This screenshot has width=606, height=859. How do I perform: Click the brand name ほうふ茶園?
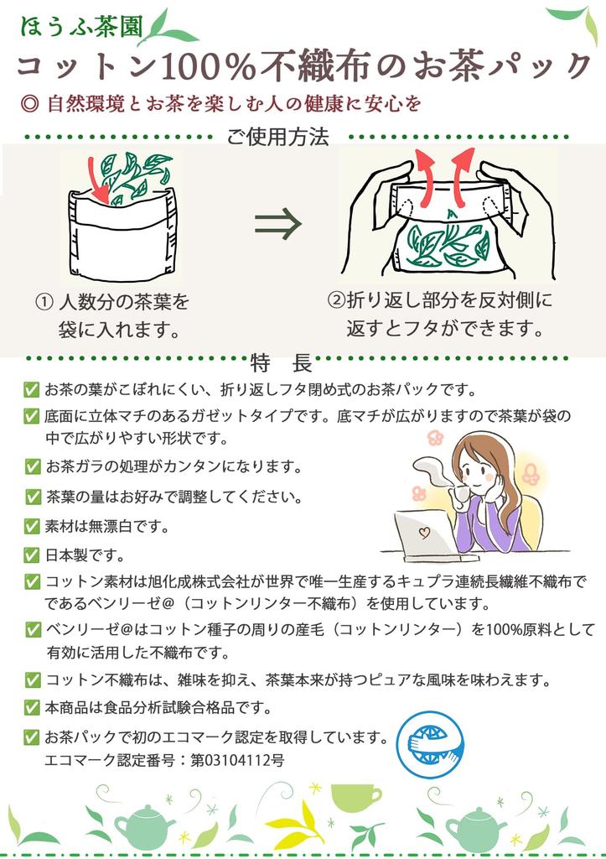(81, 26)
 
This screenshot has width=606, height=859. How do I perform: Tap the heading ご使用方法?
(277, 136)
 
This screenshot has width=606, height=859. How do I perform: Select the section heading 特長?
(282, 362)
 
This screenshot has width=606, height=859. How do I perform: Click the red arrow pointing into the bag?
(98, 178)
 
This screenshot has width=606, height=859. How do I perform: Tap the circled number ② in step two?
(335, 300)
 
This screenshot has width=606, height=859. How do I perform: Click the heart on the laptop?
(423, 532)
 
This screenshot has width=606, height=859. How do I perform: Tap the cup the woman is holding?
(458, 492)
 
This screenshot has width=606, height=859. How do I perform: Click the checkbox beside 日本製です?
(32, 555)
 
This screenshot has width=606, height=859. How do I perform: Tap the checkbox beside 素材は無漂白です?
(32, 526)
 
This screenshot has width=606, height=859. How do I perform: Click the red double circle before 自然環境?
(28, 103)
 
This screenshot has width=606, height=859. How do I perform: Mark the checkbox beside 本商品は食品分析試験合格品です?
(32, 707)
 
